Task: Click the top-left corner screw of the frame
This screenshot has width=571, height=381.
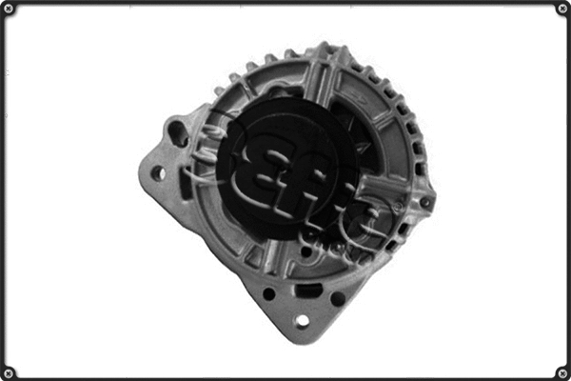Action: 9,9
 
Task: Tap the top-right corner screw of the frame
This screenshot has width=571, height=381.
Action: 562,9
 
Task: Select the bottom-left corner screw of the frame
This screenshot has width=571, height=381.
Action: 9,372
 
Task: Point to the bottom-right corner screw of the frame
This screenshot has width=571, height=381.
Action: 562,372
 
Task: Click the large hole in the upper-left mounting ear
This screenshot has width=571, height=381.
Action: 178,131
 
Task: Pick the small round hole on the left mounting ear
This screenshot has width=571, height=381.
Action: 158,173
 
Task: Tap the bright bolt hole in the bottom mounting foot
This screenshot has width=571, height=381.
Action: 302,321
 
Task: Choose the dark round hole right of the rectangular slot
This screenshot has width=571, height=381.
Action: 338,298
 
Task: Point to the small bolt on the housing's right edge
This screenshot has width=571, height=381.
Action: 426,203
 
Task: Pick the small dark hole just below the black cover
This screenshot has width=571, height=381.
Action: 305,251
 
